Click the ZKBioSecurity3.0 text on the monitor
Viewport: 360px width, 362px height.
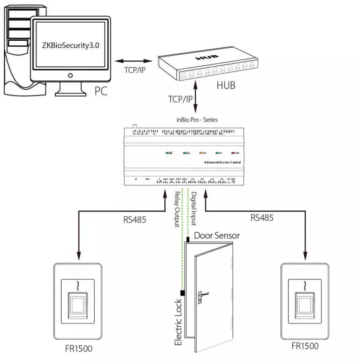click(70, 47)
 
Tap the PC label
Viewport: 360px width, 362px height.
click(101, 90)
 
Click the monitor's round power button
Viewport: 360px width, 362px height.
click(70, 75)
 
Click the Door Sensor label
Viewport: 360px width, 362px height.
click(217, 235)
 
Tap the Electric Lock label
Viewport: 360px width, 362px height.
click(178, 319)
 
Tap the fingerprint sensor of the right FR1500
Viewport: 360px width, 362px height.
click(305, 306)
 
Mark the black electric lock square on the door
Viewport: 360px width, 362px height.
click(183, 293)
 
